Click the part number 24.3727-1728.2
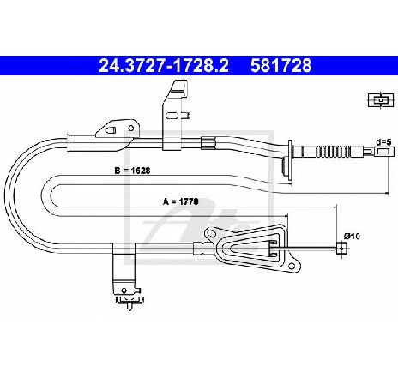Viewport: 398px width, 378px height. pos(164,65)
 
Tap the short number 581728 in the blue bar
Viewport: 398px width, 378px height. pos(280,65)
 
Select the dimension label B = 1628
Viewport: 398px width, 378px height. pos(132,171)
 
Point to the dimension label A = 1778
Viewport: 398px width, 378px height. pos(180,201)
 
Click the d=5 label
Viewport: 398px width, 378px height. pos(383,142)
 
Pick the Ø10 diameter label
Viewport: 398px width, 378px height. pos(352,237)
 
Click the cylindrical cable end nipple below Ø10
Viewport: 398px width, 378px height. pos(341,249)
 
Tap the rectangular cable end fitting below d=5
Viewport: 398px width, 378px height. pos(382,152)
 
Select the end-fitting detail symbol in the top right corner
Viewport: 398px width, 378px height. pos(381,100)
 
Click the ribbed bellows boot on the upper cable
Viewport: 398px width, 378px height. pos(333,151)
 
